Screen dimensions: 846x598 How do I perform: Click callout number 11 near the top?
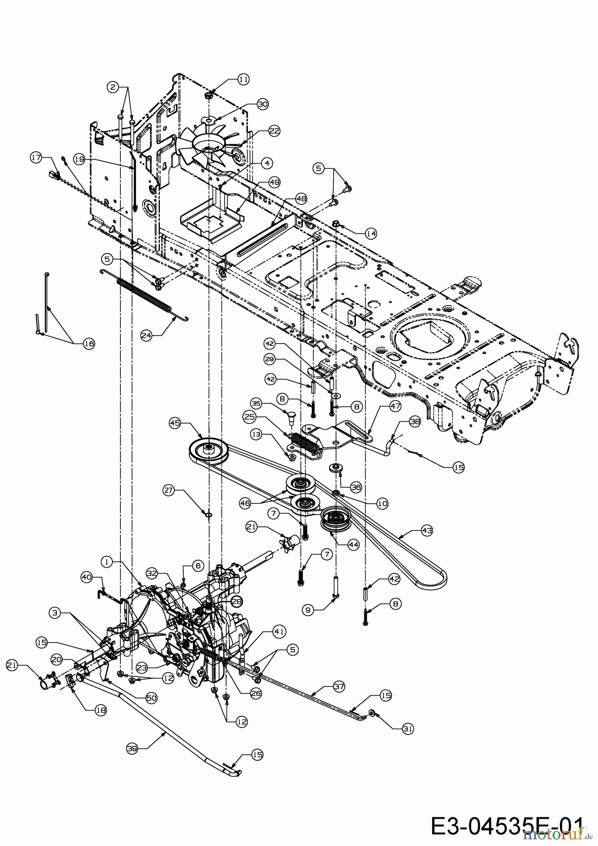(243, 79)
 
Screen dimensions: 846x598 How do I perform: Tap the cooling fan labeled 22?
(207, 146)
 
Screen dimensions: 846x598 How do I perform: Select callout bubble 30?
(262, 105)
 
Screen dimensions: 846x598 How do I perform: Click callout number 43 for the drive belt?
(427, 531)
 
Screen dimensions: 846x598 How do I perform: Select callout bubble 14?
(371, 233)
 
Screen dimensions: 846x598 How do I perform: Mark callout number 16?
(89, 344)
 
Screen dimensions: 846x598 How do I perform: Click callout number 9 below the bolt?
(308, 610)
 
